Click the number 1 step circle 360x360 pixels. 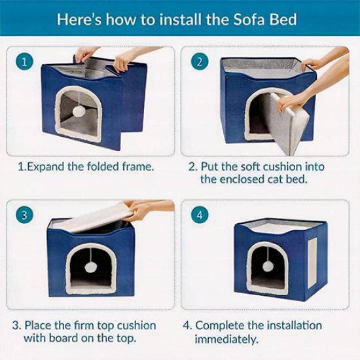tap(25, 62)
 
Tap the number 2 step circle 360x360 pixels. tap(200, 62)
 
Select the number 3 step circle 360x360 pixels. tap(25, 215)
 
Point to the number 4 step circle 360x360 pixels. tap(200, 215)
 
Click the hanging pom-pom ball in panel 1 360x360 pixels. tap(79, 112)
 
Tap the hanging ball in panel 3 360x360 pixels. tap(91, 267)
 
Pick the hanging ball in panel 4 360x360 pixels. tap(268, 266)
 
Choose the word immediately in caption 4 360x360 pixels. tap(226, 340)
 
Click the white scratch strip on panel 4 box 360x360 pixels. tap(312, 263)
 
